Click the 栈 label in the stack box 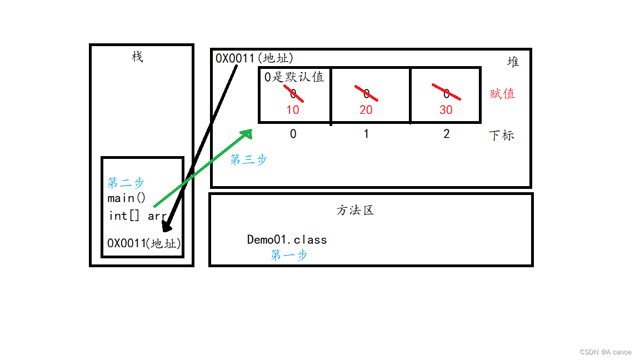pyautogui.click(x=137, y=57)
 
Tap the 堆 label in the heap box pyautogui.click(x=513, y=62)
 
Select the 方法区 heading pyautogui.click(x=355, y=211)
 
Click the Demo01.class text pyautogui.click(x=287, y=239)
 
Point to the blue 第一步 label pyautogui.click(x=289, y=255)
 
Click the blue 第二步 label pyautogui.click(x=126, y=183)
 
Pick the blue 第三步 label pyautogui.click(x=248, y=159)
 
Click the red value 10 pyautogui.click(x=292, y=110)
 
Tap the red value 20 pyautogui.click(x=366, y=110)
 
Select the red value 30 pyautogui.click(x=446, y=110)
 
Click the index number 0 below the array pyautogui.click(x=293, y=134)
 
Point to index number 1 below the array pyautogui.click(x=366, y=134)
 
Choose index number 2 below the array pyautogui.click(x=446, y=134)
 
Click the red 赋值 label pyautogui.click(x=502, y=93)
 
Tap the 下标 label pyautogui.click(x=501, y=135)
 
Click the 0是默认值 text pyautogui.click(x=294, y=77)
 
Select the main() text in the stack pyautogui.click(x=126, y=198)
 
